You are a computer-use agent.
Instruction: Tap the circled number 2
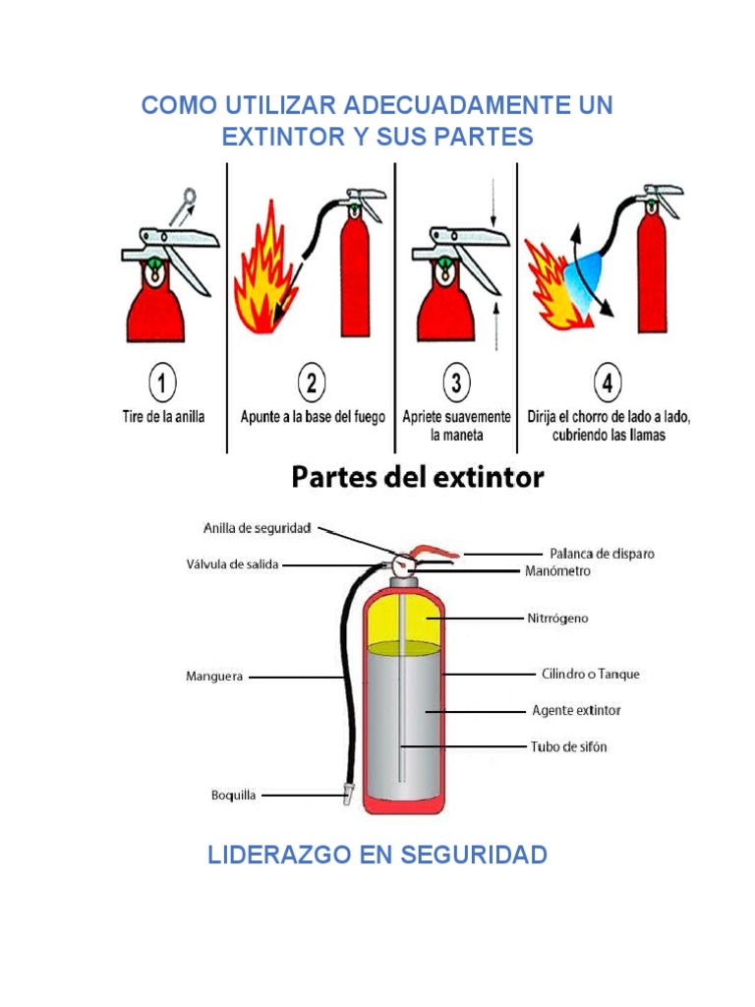pyautogui.click(x=312, y=383)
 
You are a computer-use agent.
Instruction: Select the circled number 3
pyautogui.click(x=456, y=383)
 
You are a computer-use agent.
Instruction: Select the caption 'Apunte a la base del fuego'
pyautogui.click(x=313, y=416)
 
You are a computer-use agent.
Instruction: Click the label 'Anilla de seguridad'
pyautogui.click(x=258, y=528)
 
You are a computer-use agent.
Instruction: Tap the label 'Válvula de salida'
pyautogui.click(x=233, y=564)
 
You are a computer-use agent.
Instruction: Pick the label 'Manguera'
pyautogui.click(x=214, y=676)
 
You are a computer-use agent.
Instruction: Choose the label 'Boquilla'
pyautogui.click(x=235, y=795)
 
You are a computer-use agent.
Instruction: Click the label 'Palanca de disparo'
pyautogui.click(x=602, y=554)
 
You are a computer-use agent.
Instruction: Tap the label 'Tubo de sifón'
pyautogui.click(x=569, y=746)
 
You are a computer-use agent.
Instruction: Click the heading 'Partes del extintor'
pyautogui.click(x=418, y=478)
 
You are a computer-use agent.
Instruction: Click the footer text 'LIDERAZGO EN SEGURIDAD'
pyautogui.click(x=377, y=855)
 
